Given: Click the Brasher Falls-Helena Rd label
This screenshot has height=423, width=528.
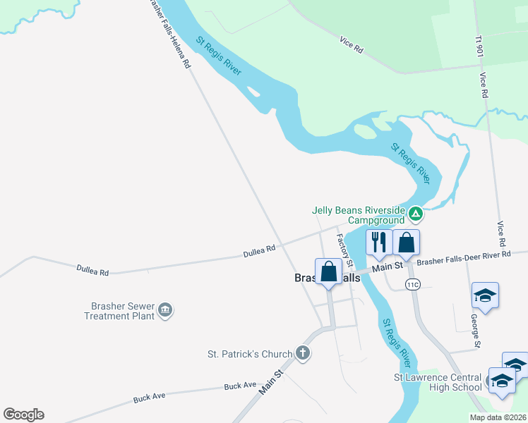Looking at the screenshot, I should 169,33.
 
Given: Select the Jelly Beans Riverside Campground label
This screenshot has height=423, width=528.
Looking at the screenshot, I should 359,215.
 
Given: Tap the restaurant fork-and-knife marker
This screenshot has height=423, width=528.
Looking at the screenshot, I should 379,243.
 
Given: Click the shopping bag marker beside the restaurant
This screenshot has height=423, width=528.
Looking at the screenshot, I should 407,243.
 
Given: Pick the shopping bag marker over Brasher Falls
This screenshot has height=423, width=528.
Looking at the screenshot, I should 329,271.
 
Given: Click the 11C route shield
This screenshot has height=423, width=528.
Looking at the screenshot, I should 413,283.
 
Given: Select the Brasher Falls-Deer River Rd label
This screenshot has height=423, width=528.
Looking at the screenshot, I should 463,258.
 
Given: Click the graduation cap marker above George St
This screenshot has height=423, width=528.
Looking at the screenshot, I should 486,295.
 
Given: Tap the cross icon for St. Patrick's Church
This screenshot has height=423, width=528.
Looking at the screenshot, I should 303,352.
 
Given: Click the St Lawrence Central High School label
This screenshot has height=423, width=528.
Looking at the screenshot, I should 438,382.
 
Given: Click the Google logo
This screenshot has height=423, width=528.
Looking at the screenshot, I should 23,415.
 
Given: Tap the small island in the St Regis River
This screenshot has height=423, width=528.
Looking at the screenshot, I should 365,132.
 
